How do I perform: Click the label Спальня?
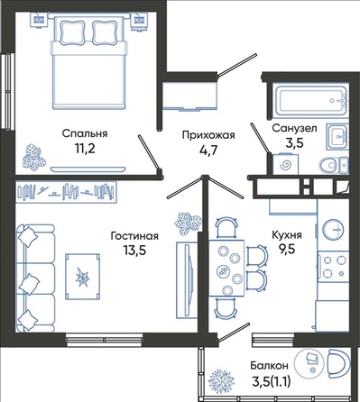[85, 133]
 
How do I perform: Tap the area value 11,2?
[85, 148]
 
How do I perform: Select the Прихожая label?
[208, 135]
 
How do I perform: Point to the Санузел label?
[294, 128]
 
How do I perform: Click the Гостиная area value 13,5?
[134, 250]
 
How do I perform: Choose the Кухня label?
[287, 234]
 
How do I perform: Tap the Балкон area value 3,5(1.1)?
[272, 382]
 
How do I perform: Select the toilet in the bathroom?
[334, 165]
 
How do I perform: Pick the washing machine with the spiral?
[285, 164]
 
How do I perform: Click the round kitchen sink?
[333, 230]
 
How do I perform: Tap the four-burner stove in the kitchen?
[334, 267]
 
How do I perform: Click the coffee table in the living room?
[83, 277]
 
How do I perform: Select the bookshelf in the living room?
[66, 192]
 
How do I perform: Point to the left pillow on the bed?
[72, 32]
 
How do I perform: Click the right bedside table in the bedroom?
[139, 21]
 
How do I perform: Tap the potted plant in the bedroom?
[33, 157]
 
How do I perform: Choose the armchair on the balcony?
[338, 364]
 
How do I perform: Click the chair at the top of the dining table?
[226, 227]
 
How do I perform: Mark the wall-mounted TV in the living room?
[188, 280]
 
